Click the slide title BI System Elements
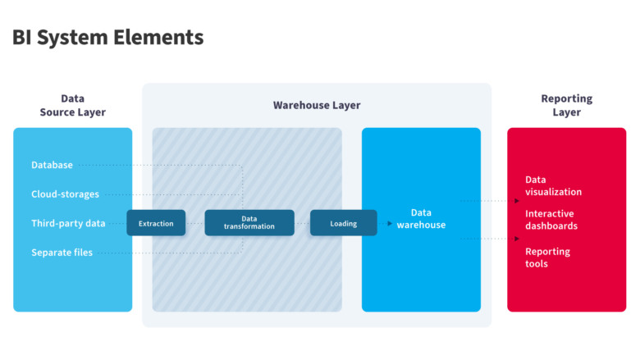coord(107,37)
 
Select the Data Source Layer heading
coord(72,105)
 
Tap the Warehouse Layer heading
coord(316,105)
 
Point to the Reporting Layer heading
coord(566,105)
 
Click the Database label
coord(52,165)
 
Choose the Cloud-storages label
coord(65,194)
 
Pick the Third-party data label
coord(68,223)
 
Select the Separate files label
coord(62,253)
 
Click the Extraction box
coord(156,223)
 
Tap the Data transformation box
coord(249,223)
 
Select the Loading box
coord(343,223)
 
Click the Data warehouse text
coord(421,219)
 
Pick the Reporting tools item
coord(547,257)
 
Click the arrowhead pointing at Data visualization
coord(516,200)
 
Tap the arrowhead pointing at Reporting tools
coord(516,239)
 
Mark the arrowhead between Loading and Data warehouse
coord(388,223)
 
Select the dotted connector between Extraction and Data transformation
coord(194,223)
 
